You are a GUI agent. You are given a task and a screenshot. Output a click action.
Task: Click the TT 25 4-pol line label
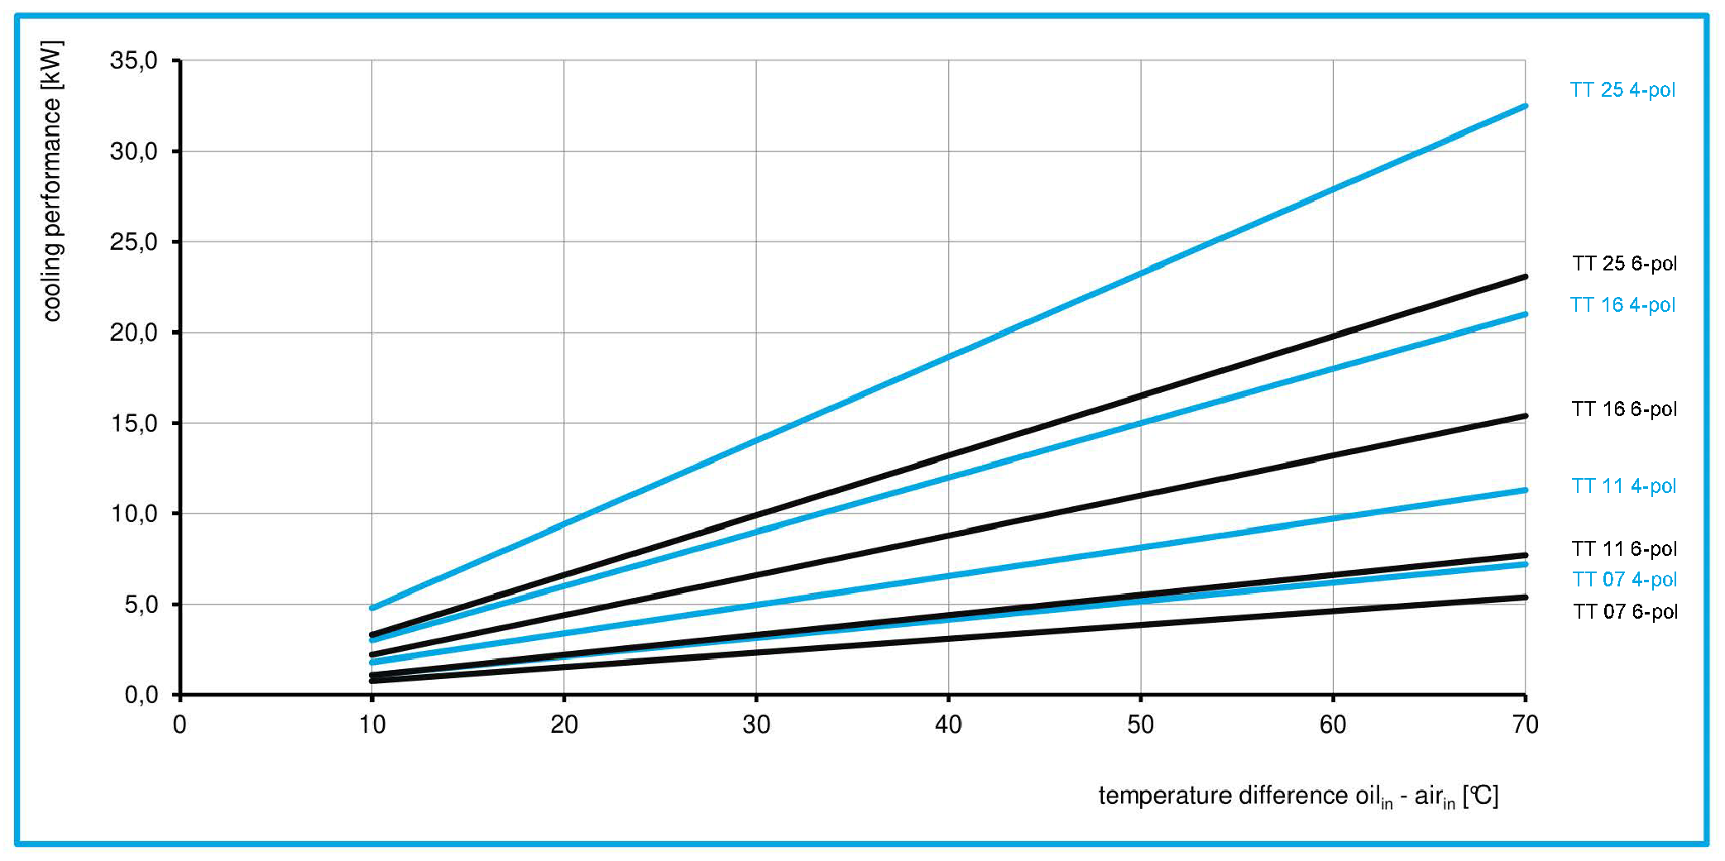tap(1622, 90)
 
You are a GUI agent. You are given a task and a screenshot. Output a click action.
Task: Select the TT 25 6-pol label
tap(1624, 264)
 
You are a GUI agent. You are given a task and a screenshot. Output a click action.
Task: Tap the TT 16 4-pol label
tap(1622, 305)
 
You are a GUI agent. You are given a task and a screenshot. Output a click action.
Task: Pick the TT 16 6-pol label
tap(1623, 409)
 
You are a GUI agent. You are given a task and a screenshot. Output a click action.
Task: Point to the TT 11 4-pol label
tap(1623, 486)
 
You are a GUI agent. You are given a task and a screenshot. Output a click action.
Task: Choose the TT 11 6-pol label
tap(1624, 549)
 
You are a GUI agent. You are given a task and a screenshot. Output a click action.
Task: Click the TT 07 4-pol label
tap(1624, 580)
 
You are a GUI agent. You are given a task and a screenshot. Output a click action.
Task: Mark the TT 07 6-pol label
tap(1625, 612)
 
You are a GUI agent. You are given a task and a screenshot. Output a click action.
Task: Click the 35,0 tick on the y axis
tap(133, 60)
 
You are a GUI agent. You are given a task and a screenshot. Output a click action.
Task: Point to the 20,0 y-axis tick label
tap(133, 332)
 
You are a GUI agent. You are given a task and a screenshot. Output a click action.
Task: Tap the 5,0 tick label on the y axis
tap(140, 605)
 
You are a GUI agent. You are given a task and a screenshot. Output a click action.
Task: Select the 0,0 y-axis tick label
tap(140, 695)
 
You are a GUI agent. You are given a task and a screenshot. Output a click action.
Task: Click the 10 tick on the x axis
tap(372, 725)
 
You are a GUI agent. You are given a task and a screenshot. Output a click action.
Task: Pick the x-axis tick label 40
tap(948, 725)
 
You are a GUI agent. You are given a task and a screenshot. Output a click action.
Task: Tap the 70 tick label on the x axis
tap(1525, 725)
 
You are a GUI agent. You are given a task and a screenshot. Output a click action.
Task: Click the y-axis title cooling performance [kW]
tap(52, 180)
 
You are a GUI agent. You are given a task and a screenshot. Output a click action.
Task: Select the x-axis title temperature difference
tap(1297, 796)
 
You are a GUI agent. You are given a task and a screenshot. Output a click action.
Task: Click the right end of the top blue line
tap(1525, 107)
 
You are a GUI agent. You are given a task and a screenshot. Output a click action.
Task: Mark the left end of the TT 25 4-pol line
tap(372, 608)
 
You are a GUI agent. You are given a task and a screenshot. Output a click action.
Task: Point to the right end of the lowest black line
tap(1525, 597)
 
